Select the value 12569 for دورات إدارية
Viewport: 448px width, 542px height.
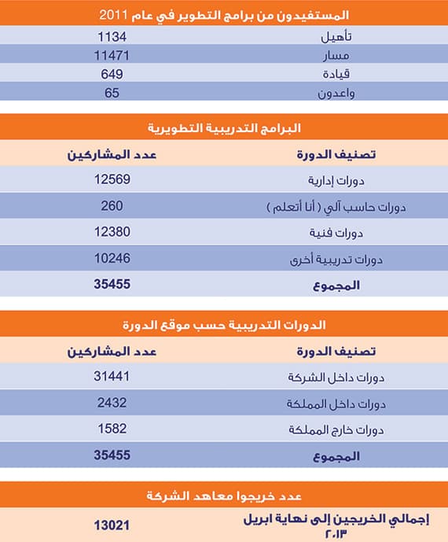pos(111,179)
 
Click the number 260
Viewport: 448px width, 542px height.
pos(111,205)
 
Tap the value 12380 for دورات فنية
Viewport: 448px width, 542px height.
pos(111,231)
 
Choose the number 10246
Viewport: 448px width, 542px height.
pos(111,257)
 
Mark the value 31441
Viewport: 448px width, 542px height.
pos(111,376)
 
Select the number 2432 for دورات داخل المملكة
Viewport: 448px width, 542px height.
pos(111,403)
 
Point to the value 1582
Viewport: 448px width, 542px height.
pos(111,429)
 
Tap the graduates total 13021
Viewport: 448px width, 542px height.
pos(111,523)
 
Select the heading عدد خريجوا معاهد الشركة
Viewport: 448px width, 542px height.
pos(224,496)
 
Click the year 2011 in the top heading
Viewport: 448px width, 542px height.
pos(115,14)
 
